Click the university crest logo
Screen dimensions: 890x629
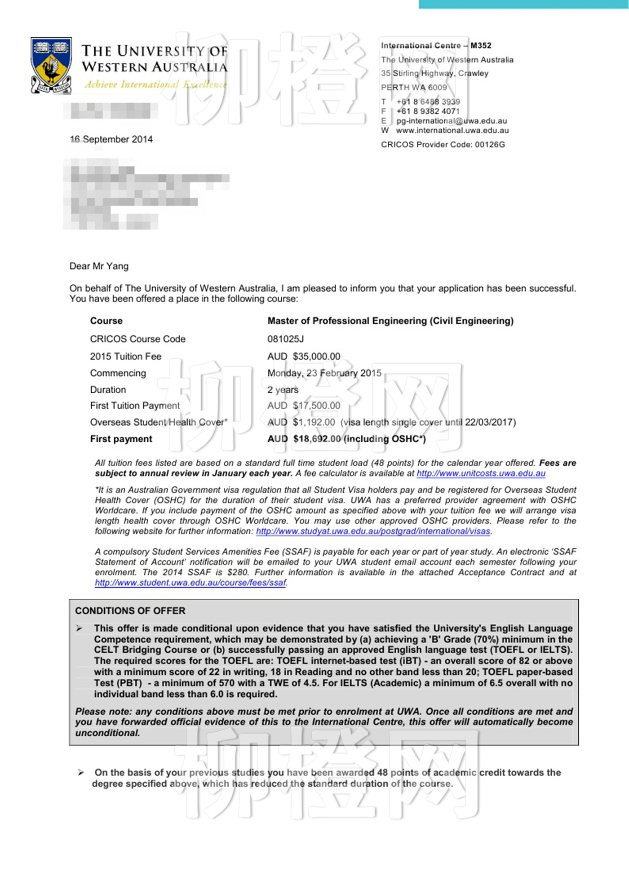[51, 65]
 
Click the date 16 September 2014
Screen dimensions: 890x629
[111, 139]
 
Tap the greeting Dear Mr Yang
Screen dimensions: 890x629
[99, 266]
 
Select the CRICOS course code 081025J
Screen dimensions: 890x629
[286, 339]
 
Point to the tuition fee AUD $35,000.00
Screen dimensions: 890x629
[304, 356]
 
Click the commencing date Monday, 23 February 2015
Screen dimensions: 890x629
[324, 373]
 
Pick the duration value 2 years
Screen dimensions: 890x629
[283, 390]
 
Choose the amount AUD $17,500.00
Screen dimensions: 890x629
[304, 405]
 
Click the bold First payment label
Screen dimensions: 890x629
[121, 439]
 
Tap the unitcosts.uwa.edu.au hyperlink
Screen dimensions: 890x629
[481, 473]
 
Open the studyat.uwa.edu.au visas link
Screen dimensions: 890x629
[373, 531]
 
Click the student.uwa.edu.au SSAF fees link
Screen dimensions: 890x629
[190, 583]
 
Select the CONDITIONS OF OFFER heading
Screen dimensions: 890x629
[130, 611]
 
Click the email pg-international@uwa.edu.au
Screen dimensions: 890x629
[452, 121]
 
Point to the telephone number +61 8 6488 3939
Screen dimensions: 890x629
[428, 102]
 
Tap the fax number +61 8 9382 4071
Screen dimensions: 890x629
[428, 111]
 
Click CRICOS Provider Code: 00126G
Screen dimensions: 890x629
[443, 145]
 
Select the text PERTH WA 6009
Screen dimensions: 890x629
[414, 87]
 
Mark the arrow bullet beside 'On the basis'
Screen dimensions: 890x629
[81, 772]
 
